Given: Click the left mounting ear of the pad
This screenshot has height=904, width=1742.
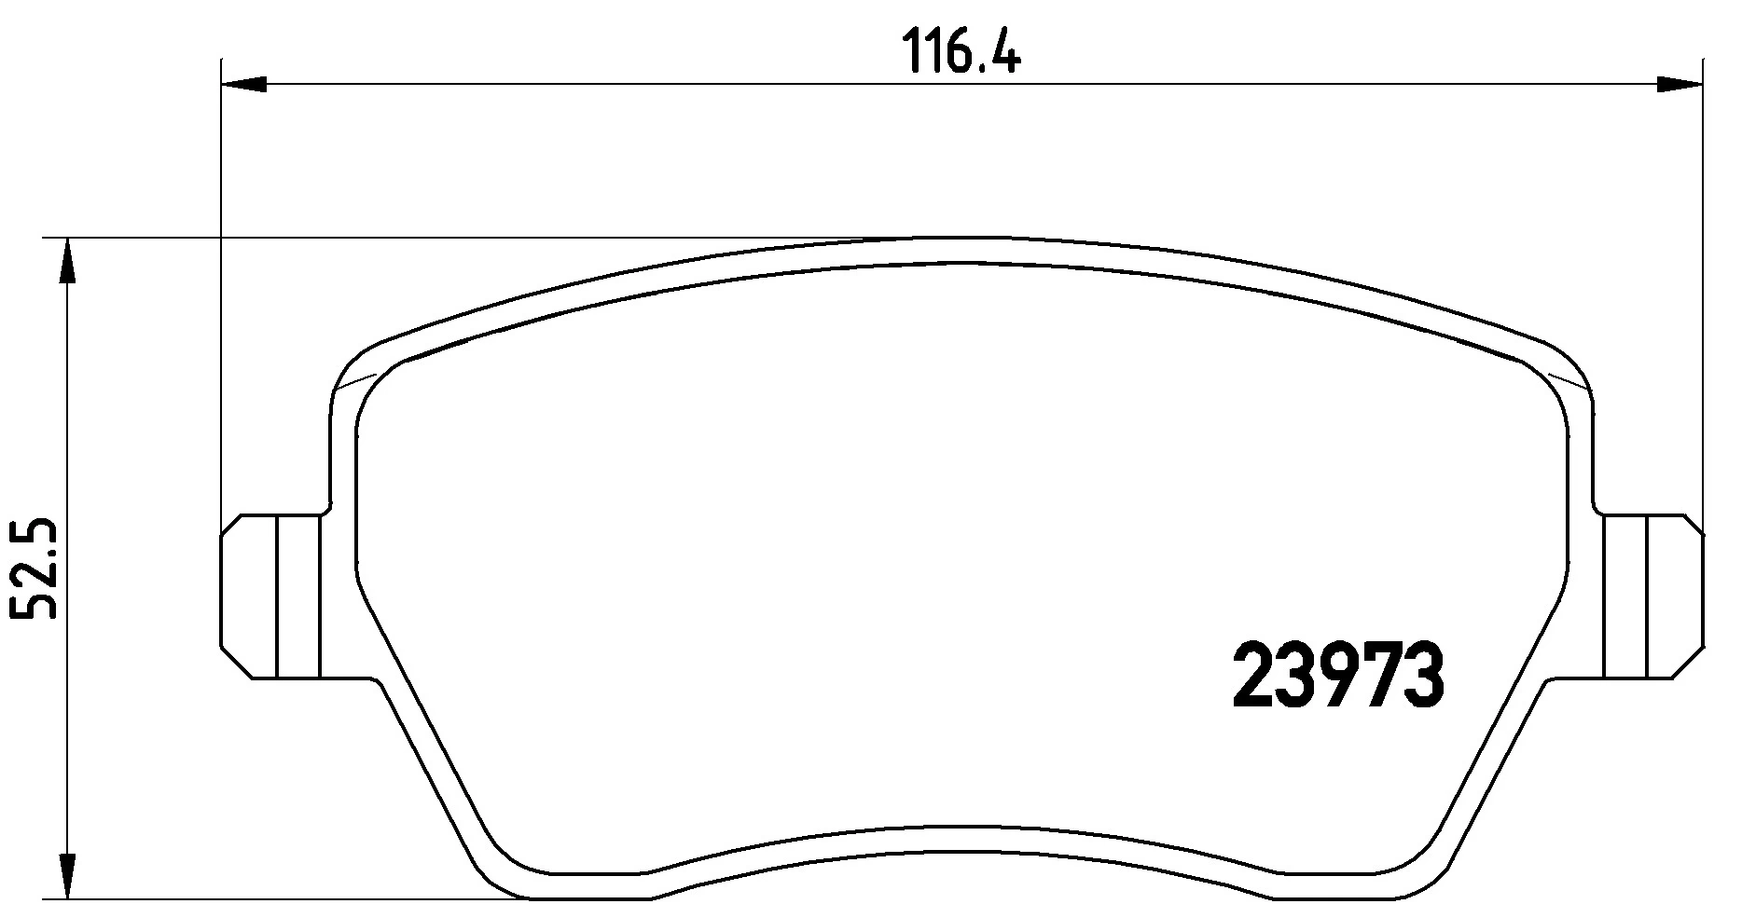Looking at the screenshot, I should pyautogui.click(x=271, y=596).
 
